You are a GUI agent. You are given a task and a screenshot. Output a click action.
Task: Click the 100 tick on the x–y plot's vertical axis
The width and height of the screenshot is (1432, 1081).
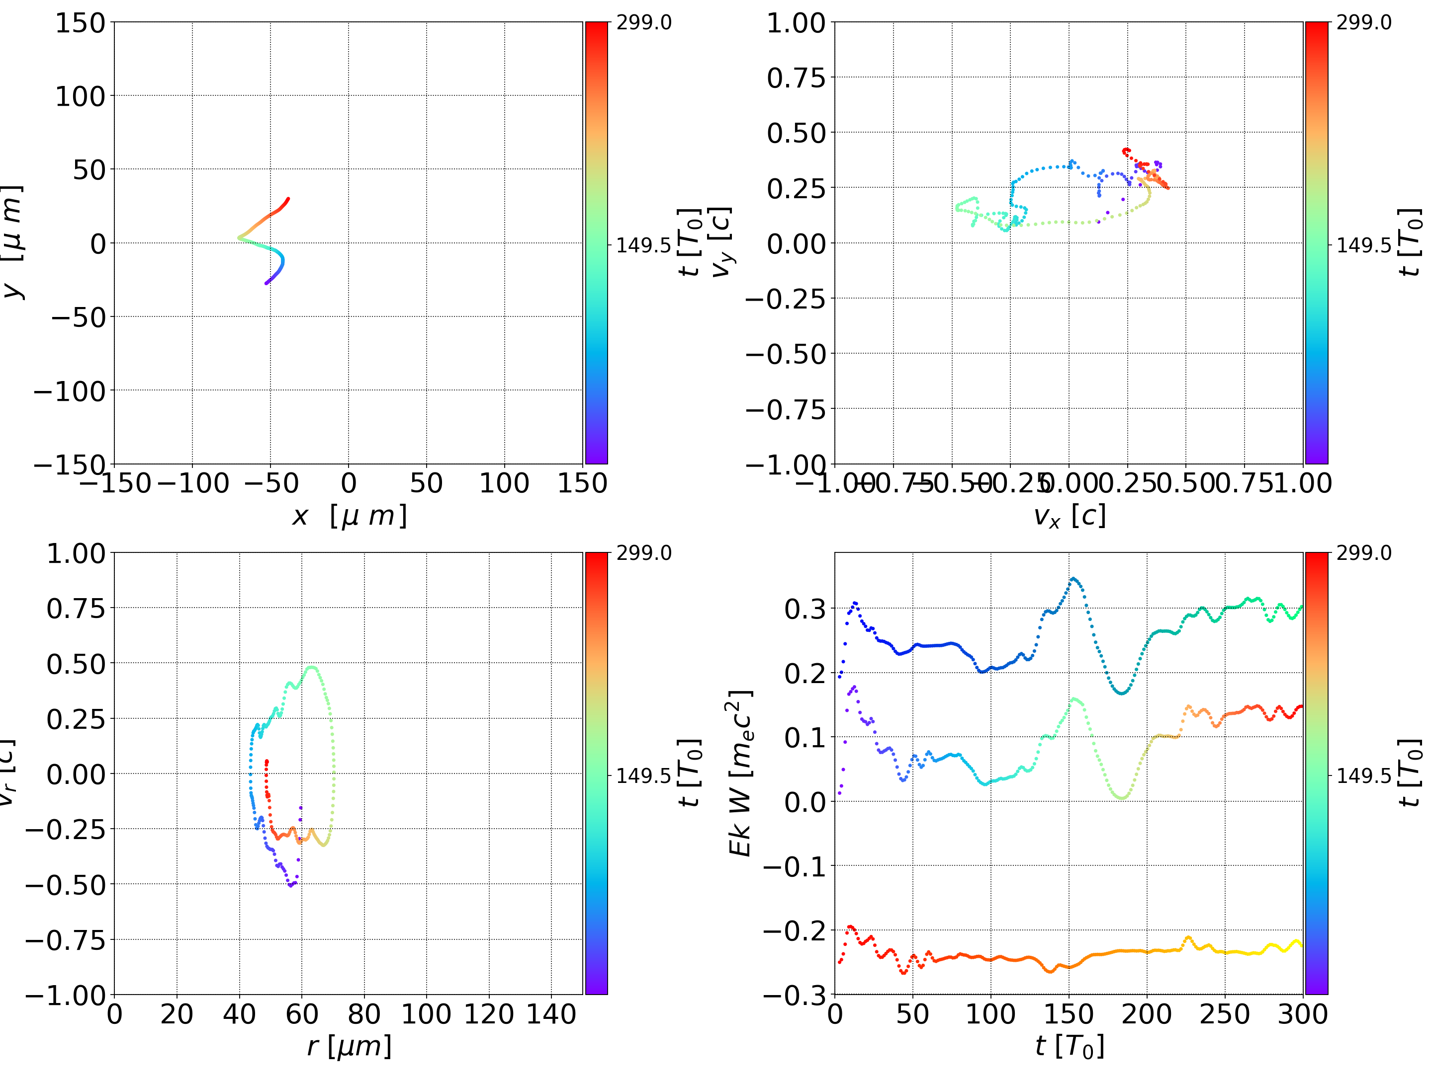(80, 96)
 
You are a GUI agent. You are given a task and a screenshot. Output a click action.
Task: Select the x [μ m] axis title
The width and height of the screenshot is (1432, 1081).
(349, 516)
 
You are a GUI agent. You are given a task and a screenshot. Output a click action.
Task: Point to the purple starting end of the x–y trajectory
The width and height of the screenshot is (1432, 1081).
(266, 283)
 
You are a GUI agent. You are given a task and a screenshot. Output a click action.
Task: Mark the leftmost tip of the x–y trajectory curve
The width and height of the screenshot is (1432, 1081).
(239, 238)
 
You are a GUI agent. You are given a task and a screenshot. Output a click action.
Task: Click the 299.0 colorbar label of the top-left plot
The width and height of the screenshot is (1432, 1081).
(643, 23)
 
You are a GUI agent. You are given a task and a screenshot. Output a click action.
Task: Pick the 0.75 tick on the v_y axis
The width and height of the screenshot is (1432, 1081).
(796, 77)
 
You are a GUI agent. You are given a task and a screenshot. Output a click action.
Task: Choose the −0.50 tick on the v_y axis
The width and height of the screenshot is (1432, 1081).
(785, 354)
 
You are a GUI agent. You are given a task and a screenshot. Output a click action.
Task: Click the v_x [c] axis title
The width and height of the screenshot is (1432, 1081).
(1070, 516)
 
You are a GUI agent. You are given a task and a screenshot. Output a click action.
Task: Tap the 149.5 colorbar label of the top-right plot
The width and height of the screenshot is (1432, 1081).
(1363, 245)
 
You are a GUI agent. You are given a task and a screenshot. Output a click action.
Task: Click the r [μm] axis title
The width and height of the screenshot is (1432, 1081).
(349, 1046)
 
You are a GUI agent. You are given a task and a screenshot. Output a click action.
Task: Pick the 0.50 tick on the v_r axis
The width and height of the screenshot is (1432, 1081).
(76, 664)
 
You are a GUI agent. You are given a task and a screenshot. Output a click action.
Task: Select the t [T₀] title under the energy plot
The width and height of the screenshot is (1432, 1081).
(1070, 1046)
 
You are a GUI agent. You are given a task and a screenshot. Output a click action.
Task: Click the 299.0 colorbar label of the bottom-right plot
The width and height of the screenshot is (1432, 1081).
(1363, 553)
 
